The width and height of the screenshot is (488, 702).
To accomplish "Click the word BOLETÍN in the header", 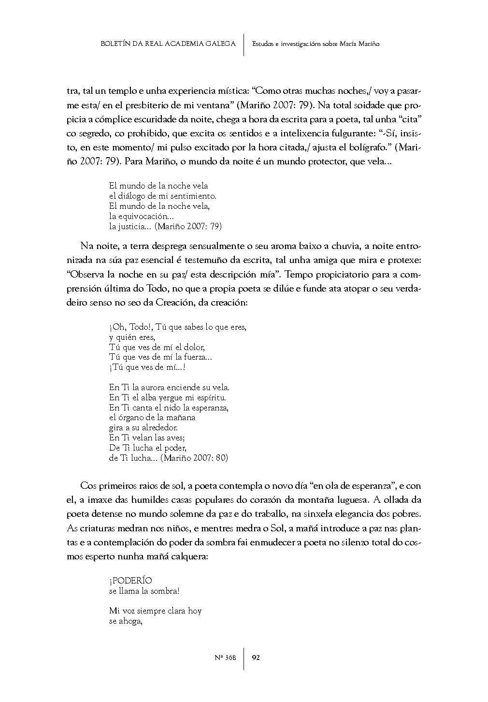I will tap(115, 44).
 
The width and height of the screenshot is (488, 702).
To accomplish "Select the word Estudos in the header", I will tap(264, 44).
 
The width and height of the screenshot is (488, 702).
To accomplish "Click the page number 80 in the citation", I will tap(222, 458).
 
